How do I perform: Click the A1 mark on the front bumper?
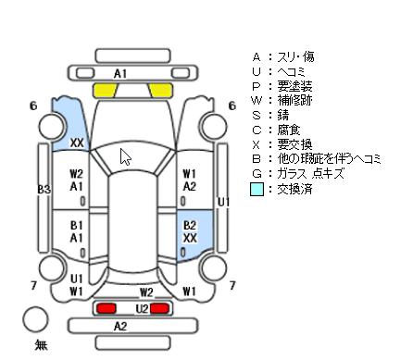[x=120, y=74]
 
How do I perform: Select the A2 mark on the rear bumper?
[x=120, y=326]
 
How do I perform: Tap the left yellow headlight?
[x=106, y=91]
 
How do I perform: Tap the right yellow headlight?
[x=160, y=91]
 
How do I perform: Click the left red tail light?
[x=106, y=308]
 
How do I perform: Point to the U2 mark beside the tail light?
[x=142, y=308]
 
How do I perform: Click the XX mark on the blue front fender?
[x=77, y=143]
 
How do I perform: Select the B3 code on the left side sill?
[x=44, y=189]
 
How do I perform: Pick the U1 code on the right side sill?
[x=223, y=202]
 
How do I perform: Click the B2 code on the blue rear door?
[x=190, y=226]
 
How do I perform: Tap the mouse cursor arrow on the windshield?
[x=125, y=157]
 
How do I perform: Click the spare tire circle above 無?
[x=35, y=319]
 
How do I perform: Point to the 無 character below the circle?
[x=41, y=344]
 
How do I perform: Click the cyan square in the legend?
[x=257, y=189]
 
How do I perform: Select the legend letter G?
[x=257, y=174]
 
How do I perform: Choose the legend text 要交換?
[x=294, y=144]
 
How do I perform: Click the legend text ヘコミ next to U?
[x=291, y=71]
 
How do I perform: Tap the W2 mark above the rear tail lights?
[x=146, y=292]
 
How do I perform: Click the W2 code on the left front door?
[x=76, y=174]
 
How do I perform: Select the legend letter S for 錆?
[x=257, y=115]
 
